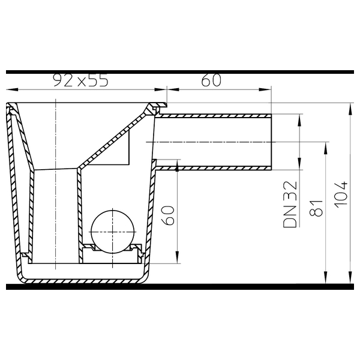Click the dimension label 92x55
(x=80, y=80)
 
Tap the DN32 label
(x=290, y=205)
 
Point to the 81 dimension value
(x=316, y=208)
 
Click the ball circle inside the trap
(x=113, y=232)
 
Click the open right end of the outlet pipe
(x=271, y=142)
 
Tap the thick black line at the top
(x=180, y=72)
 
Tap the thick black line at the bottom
(x=180, y=287)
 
